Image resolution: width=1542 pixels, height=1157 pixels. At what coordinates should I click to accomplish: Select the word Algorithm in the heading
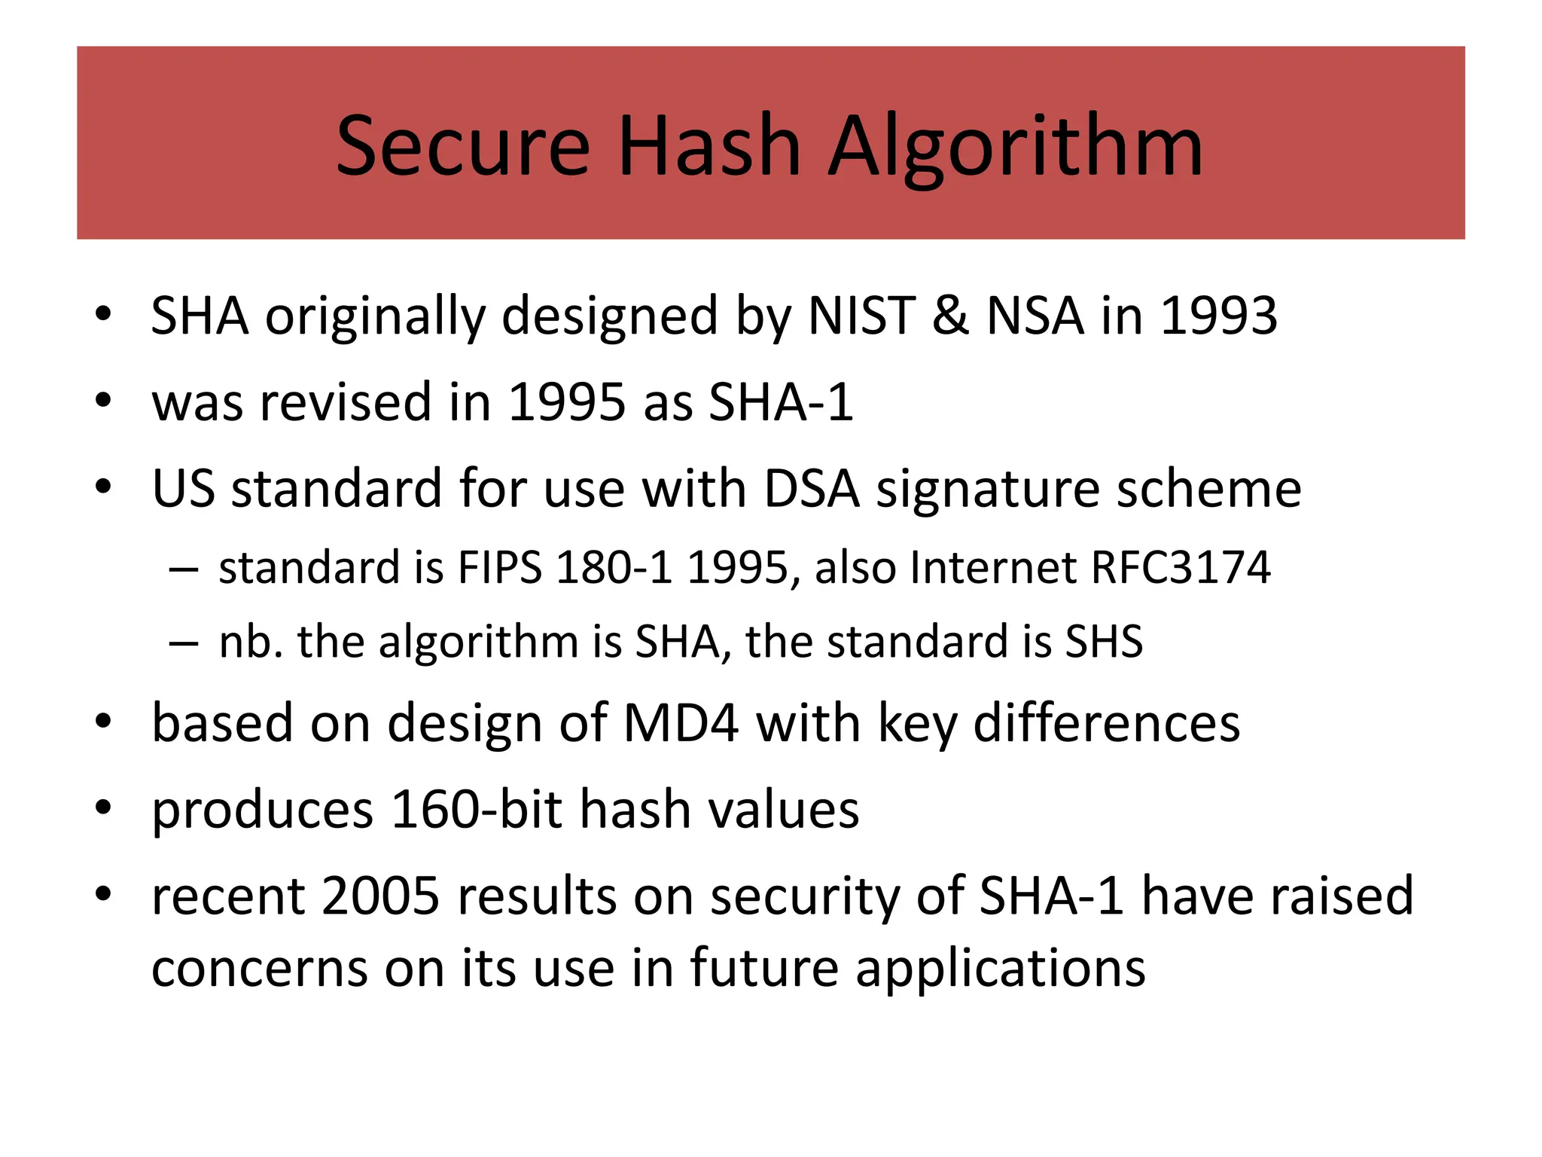tap(1016, 148)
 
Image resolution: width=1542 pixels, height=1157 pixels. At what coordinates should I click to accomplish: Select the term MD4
tap(681, 723)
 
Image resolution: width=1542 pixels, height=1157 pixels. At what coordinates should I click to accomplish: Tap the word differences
tap(1106, 723)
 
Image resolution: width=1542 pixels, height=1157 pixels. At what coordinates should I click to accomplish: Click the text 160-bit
tap(477, 810)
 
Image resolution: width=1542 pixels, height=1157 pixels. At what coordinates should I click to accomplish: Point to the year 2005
tap(380, 896)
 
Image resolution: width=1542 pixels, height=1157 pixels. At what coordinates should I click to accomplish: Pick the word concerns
tap(260, 969)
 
